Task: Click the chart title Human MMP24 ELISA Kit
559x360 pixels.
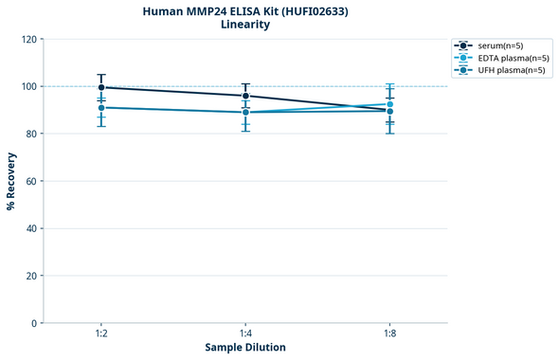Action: [245, 10]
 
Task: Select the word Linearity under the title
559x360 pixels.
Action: [245, 25]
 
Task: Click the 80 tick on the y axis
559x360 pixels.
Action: [29, 134]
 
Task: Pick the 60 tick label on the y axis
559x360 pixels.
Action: [29, 181]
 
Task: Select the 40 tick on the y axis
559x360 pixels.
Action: [29, 228]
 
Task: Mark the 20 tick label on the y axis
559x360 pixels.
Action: [29, 276]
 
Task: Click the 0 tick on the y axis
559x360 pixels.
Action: [32, 323]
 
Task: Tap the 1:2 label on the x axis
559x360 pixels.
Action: [101, 334]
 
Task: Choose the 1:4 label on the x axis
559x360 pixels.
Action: [245, 334]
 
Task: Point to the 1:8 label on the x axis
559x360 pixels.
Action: [389, 334]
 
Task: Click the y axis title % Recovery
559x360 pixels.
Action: [11, 181]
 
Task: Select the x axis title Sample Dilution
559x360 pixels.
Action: [245, 348]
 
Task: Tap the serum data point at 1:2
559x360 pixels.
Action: [101, 87]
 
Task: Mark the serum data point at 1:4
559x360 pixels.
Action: [245, 96]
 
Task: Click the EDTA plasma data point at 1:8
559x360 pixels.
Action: [389, 104]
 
